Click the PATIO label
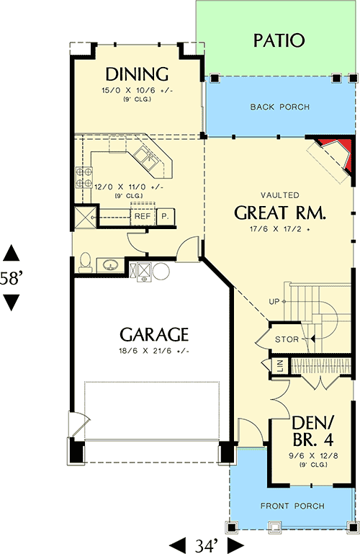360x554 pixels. pos(279,40)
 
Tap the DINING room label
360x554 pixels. pos(137,74)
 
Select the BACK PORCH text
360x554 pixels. pos(280,107)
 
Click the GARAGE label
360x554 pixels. pos(154,334)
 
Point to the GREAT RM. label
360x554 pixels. pos(280,213)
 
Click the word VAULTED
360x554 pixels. pos(281,195)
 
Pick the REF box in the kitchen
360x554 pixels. pos(142,215)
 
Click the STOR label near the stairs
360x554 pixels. pos(286,339)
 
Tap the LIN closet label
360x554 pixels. pos(279,366)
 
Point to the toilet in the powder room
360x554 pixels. pos(84,262)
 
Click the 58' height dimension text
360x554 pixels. pos(12,279)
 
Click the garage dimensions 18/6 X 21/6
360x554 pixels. pos(154,351)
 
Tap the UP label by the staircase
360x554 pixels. pos(274,300)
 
